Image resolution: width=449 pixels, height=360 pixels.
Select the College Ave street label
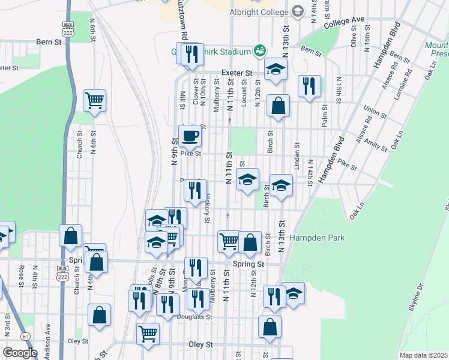[344, 23]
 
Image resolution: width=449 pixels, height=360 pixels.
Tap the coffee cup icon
[190, 136]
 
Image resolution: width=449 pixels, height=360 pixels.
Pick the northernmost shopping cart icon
[94, 100]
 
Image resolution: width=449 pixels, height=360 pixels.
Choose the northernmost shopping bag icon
[278, 106]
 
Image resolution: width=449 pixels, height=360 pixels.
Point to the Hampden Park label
[317, 238]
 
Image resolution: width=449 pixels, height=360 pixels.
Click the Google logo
[20, 352]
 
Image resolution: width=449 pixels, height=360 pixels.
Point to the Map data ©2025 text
[424, 355]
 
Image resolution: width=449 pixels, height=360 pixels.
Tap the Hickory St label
[206, 208]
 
